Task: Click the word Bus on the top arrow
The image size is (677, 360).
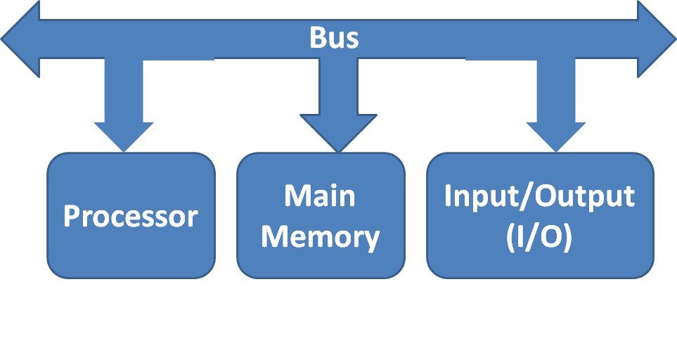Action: click(x=334, y=38)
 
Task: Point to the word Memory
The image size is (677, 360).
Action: click(x=321, y=238)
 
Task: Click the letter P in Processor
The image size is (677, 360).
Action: click(x=72, y=217)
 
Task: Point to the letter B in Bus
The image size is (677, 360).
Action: click(x=318, y=38)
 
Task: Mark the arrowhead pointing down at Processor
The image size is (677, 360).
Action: click(x=124, y=136)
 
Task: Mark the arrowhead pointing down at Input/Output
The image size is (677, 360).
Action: click(x=555, y=136)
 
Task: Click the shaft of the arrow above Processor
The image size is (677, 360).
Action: click(x=124, y=91)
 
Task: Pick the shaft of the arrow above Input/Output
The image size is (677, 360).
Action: click(x=555, y=91)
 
